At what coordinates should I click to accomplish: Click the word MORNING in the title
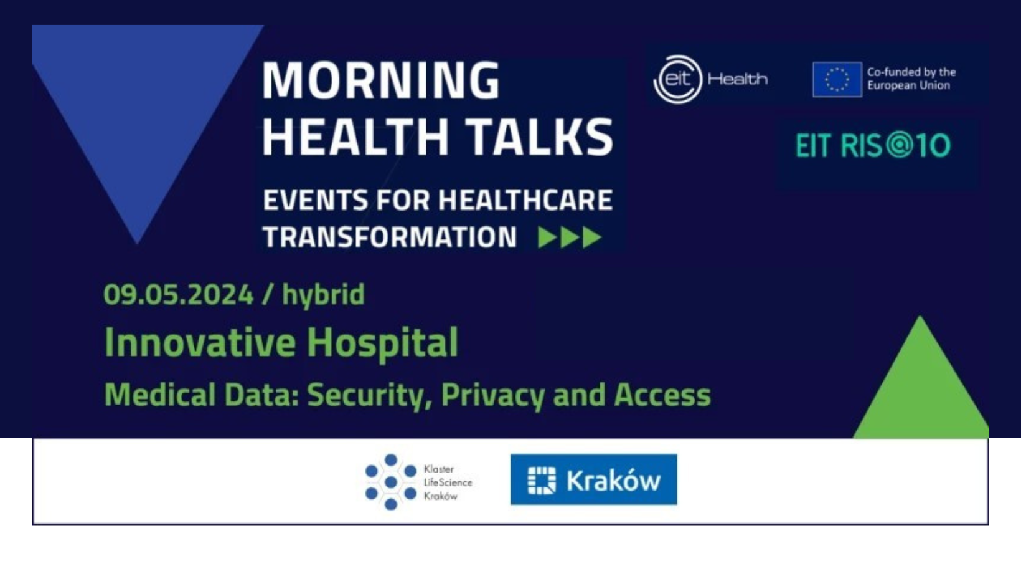click(x=381, y=80)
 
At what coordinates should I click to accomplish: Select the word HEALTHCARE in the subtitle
click(x=525, y=200)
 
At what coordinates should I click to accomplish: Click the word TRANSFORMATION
click(x=390, y=238)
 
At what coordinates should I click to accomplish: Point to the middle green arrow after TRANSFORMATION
click(x=570, y=238)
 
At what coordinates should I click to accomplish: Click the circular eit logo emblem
click(x=678, y=79)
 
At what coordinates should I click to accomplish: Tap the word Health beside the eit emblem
click(x=738, y=79)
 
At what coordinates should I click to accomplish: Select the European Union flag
click(x=837, y=79)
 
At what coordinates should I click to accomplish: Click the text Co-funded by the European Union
click(x=911, y=79)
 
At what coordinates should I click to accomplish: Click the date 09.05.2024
click(x=178, y=294)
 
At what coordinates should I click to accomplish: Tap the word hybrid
click(x=324, y=294)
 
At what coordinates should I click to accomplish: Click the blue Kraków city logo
click(x=593, y=479)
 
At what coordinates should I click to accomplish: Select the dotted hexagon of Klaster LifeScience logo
click(x=390, y=482)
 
